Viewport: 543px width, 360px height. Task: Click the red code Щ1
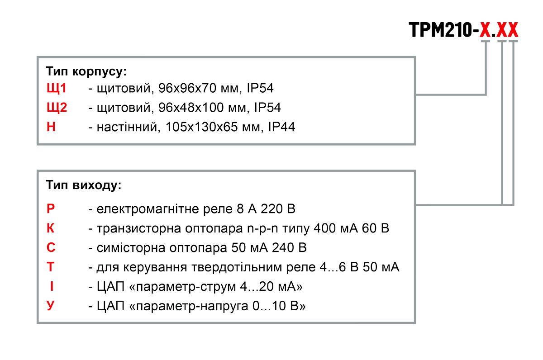pyautogui.click(x=57, y=88)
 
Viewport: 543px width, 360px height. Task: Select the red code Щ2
pyautogui.click(x=57, y=108)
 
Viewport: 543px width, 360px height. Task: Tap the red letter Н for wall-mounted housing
pyautogui.click(x=51, y=127)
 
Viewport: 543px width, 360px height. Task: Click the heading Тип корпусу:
pyautogui.click(x=86, y=71)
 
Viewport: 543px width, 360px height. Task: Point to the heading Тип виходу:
pyautogui.click(x=84, y=185)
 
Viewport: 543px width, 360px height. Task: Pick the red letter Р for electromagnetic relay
pyautogui.click(x=51, y=209)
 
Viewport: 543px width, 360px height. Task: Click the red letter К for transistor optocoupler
pyautogui.click(x=51, y=228)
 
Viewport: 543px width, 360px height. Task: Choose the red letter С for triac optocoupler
pyautogui.click(x=51, y=248)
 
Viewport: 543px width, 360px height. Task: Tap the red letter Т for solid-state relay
pyautogui.click(x=51, y=267)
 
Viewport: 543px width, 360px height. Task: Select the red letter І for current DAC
pyautogui.click(x=51, y=287)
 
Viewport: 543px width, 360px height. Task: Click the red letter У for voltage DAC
pyautogui.click(x=51, y=306)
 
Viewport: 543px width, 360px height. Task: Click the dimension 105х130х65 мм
pyautogui.click(x=213, y=128)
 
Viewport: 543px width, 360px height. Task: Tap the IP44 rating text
pyautogui.click(x=281, y=128)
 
